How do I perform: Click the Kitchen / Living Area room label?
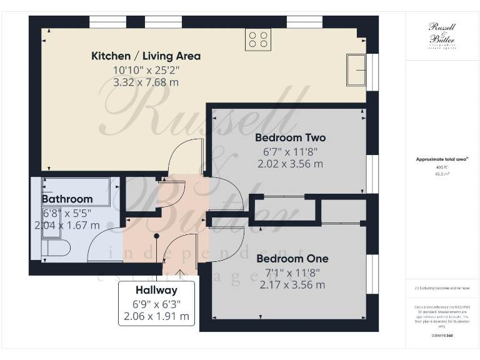point(146,56)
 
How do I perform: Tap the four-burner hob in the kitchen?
point(259,39)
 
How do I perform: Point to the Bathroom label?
point(67,199)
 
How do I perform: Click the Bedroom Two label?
point(290,137)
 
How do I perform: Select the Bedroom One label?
point(292,259)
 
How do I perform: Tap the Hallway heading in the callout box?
point(156,290)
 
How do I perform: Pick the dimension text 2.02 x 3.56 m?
point(290,164)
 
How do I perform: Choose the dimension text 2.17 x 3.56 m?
point(292,285)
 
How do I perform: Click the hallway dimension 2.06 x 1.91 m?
point(156,317)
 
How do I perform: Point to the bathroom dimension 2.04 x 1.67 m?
point(67,225)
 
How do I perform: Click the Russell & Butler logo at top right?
point(441,34)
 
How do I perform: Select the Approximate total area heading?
point(441,159)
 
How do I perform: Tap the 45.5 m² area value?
point(441,174)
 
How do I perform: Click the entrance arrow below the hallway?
point(181,272)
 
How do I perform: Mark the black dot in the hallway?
point(156,236)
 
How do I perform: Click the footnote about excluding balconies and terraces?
point(441,288)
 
